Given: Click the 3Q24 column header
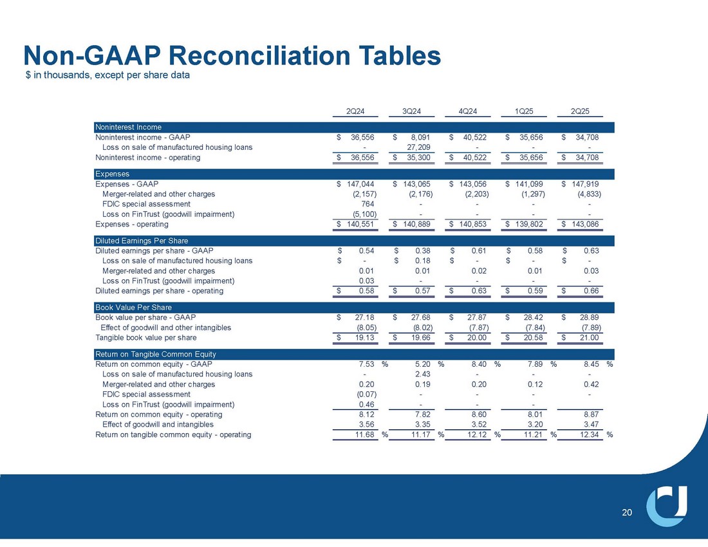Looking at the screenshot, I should coord(411,110).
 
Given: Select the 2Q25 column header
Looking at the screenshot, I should coord(581,110).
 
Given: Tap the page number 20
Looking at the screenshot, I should coord(628,512).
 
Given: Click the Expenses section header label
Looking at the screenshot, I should coord(113,174).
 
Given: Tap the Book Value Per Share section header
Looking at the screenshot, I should coord(133,308).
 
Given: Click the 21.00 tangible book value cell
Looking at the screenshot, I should coord(590,337).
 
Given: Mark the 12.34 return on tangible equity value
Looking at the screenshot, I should coord(590,434).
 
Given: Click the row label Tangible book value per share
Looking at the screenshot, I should coord(146,337).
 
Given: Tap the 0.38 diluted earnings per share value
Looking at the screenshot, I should coord(423,250).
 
